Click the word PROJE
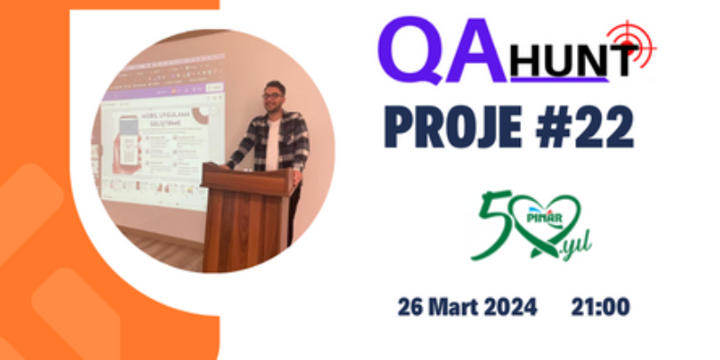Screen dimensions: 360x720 [x=449, y=128]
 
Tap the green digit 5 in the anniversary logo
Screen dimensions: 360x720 [x=491, y=225]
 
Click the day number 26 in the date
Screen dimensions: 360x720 [x=411, y=306]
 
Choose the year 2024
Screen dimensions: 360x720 [x=511, y=306]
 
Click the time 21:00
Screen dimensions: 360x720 [x=599, y=306]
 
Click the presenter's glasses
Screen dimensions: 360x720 [x=272, y=95]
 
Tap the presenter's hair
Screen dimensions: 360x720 [x=274, y=85]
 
